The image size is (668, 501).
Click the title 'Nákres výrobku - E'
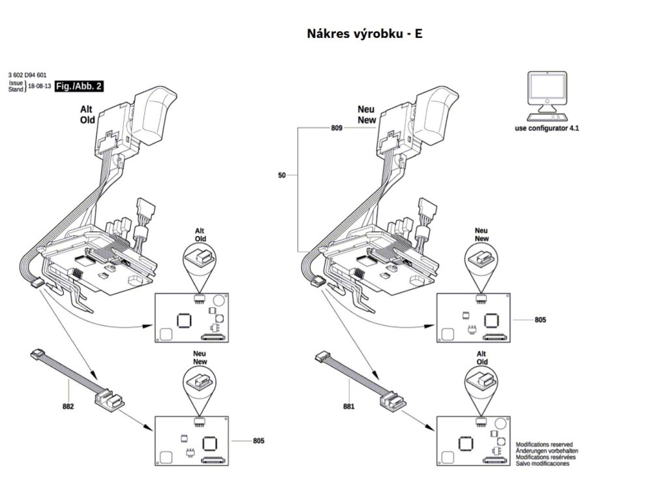364,33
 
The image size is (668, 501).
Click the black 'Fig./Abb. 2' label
78,85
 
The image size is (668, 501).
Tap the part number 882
68,406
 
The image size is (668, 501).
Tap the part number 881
349,406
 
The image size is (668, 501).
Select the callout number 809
337,129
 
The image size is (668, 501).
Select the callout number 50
282,175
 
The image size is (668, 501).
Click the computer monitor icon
546,93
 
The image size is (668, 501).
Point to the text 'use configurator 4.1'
547,129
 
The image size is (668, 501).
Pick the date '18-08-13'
39,87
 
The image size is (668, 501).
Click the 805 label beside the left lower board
258,442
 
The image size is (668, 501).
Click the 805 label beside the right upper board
540,320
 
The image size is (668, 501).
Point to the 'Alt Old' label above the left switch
87,115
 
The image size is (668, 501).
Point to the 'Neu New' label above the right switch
366,115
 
